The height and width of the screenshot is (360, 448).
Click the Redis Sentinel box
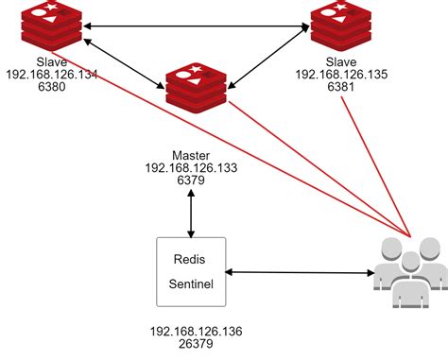coord(192,271)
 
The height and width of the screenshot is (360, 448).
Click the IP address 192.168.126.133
coord(192,167)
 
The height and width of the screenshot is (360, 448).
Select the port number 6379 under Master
coord(192,180)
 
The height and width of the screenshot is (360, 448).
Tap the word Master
coord(192,154)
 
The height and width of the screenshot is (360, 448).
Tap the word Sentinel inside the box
coord(193,283)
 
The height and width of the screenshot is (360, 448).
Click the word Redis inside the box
coord(191,258)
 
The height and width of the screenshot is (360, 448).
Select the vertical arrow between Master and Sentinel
coord(192,213)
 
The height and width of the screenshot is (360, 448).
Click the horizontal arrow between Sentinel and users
coord(298,273)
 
